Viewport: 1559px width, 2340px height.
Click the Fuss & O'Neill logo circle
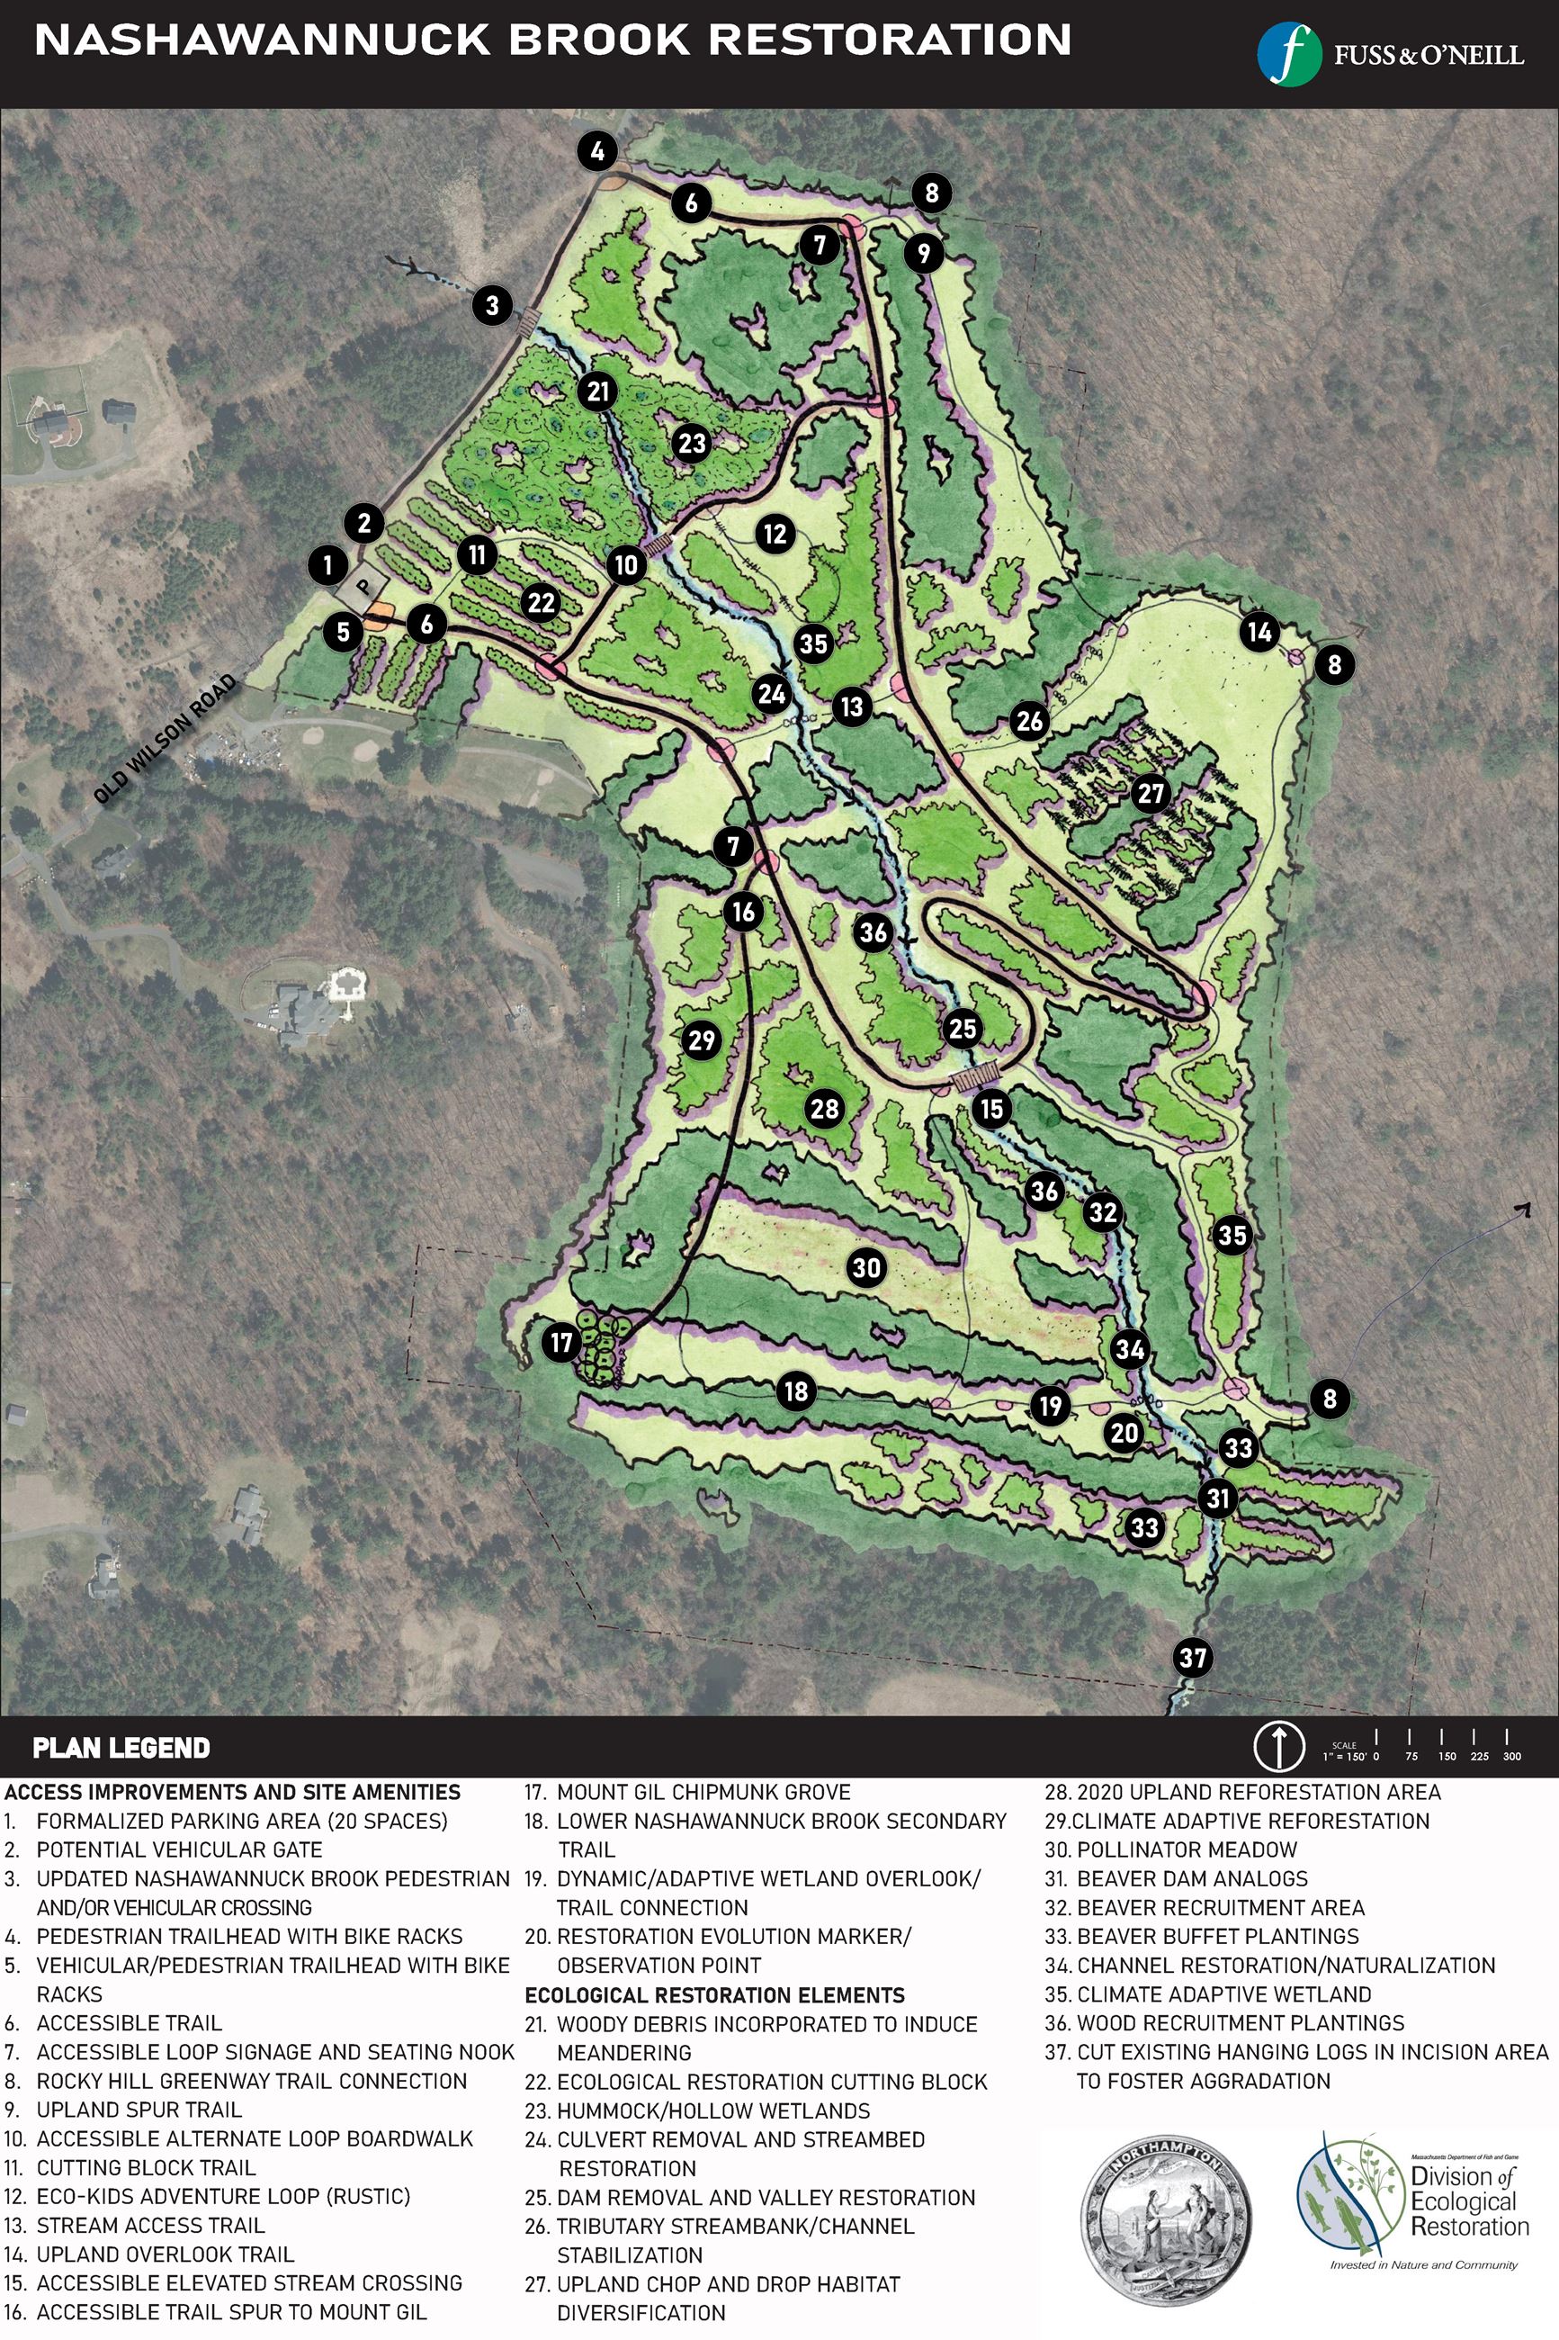coord(1288,54)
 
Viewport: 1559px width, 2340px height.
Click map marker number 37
coord(1193,1657)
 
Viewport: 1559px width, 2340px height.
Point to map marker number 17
coord(561,1343)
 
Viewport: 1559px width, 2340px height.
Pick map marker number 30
coord(867,1267)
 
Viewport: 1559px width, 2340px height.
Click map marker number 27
coord(1151,794)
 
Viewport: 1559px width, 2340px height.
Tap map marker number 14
coord(1259,632)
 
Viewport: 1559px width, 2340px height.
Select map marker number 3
coord(492,304)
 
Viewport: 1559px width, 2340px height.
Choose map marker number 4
coord(597,152)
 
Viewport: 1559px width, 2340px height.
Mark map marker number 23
coord(692,443)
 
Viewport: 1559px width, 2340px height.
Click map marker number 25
coord(963,1029)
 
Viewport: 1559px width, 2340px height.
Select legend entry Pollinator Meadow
coord(1171,1849)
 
